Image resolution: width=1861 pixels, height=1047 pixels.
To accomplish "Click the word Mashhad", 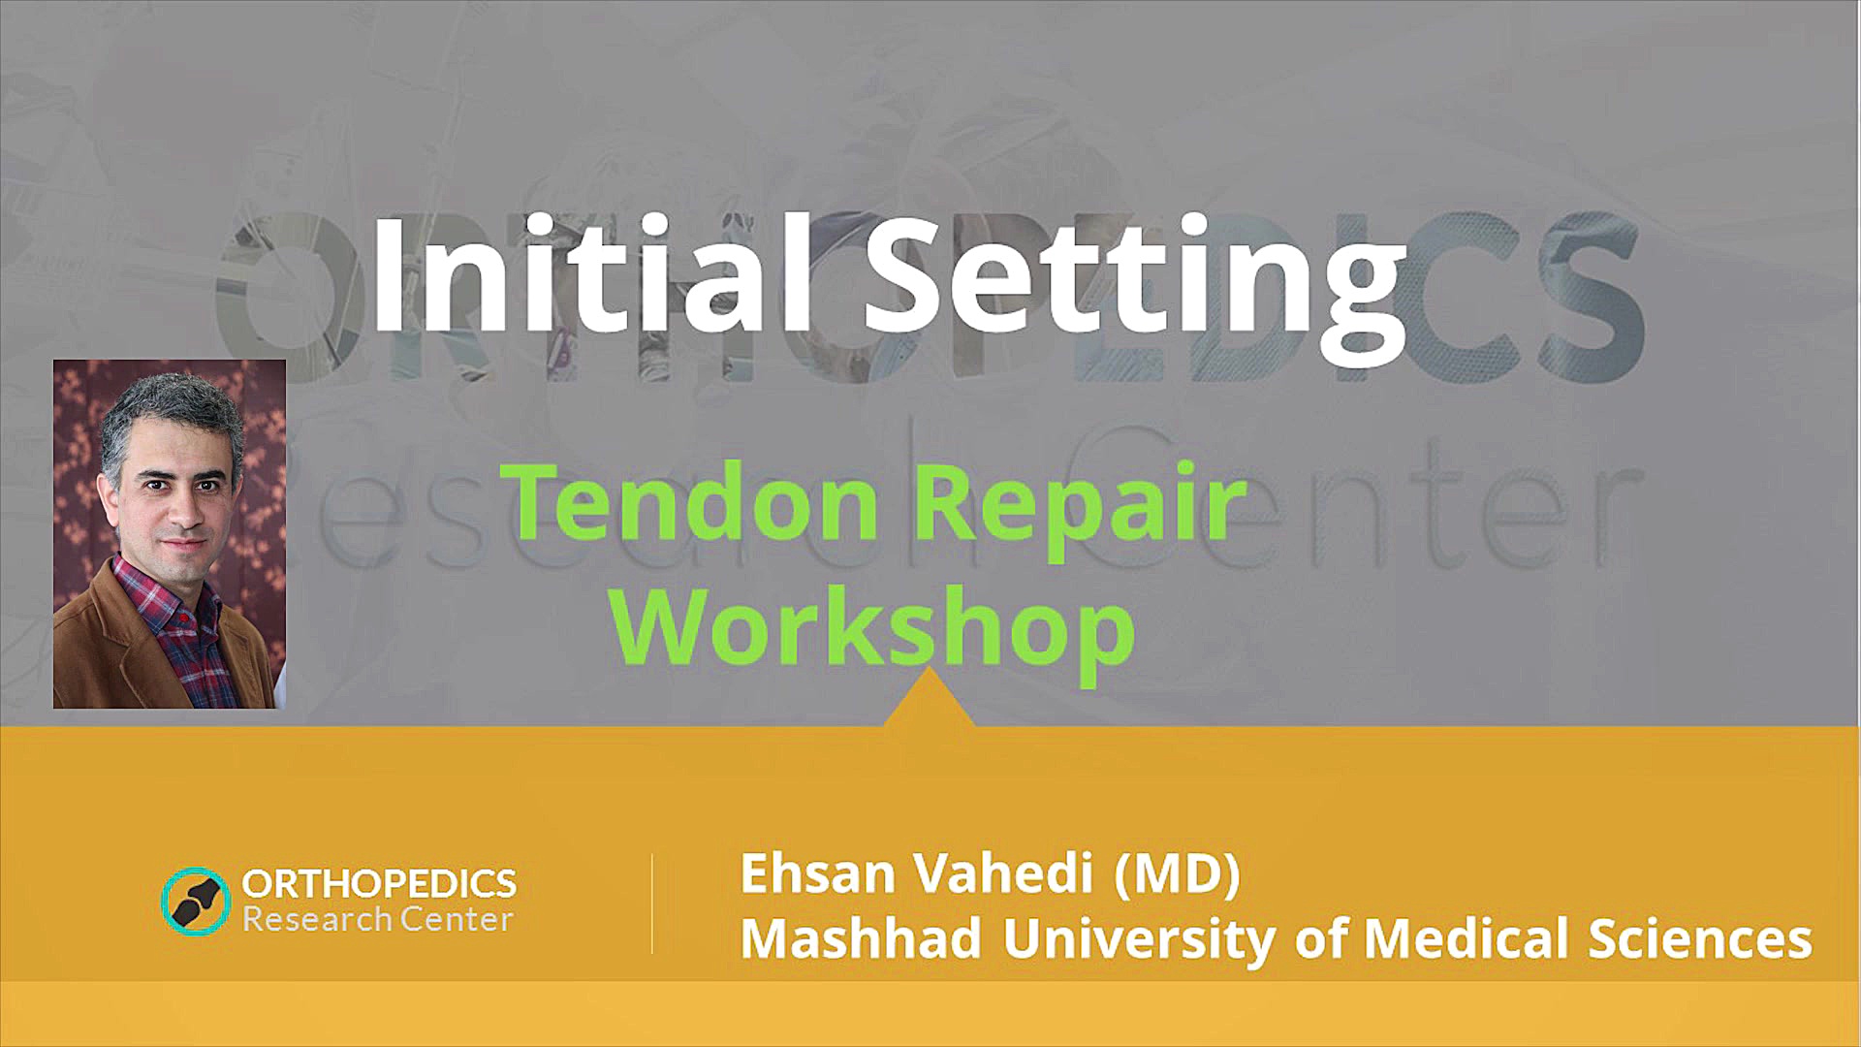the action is [x=861, y=938].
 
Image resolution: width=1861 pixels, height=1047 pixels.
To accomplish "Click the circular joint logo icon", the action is [x=196, y=901].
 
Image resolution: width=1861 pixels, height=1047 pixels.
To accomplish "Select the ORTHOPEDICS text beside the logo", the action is [x=379, y=883].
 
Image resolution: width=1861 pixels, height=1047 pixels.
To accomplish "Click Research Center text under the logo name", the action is [x=377, y=919].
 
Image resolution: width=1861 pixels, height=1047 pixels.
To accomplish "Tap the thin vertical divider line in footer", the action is [x=652, y=904].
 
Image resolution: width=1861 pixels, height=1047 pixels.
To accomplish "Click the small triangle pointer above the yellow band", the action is [x=930, y=700].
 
